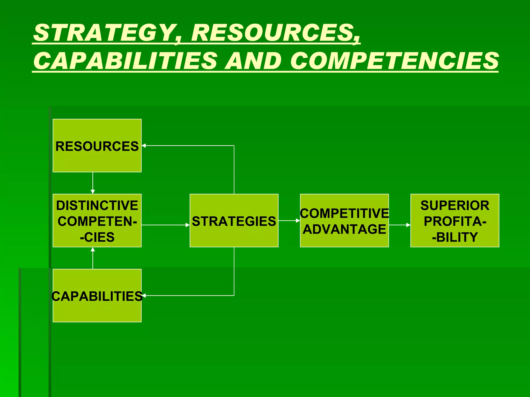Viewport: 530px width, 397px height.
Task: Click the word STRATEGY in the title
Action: click(104, 33)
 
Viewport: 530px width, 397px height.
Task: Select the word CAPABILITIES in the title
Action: click(126, 61)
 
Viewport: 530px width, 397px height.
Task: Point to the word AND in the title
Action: click(253, 61)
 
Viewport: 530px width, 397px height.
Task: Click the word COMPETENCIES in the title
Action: click(394, 61)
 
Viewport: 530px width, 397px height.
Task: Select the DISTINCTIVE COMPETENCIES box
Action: click(97, 220)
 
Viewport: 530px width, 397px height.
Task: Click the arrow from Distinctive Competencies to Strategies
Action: click(166, 225)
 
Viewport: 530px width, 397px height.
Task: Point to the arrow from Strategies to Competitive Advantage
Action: click(289, 220)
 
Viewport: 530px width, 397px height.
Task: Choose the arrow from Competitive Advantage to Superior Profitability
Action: click(400, 225)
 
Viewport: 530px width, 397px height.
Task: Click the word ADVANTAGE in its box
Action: click(344, 229)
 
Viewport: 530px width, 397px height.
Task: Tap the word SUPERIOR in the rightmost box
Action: click(455, 206)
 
